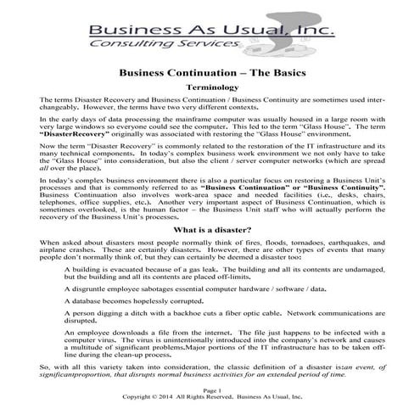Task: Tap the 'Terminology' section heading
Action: (x=210, y=87)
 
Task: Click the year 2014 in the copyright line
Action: (x=171, y=415)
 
